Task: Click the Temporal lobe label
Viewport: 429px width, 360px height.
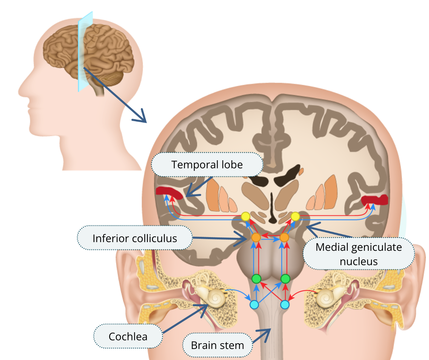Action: point(207,165)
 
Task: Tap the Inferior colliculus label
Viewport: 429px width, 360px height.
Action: point(135,238)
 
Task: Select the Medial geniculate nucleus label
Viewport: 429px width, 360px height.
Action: point(359,254)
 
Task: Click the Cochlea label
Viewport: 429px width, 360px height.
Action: point(128,337)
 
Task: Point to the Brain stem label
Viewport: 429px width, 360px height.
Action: point(217,345)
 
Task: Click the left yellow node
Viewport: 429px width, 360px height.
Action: point(245,216)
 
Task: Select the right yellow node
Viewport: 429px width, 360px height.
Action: point(295,216)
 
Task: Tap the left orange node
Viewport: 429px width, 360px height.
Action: point(256,238)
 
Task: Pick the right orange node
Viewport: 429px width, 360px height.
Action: point(284,238)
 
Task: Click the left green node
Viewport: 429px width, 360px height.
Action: point(256,279)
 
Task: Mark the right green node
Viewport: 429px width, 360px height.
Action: point(285,279)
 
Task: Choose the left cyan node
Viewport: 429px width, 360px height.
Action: point(254,305)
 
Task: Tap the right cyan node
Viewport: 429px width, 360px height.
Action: point(285,305)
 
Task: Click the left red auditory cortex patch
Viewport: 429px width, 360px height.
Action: point(169,192)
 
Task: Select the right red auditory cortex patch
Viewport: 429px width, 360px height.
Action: point(375,200)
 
